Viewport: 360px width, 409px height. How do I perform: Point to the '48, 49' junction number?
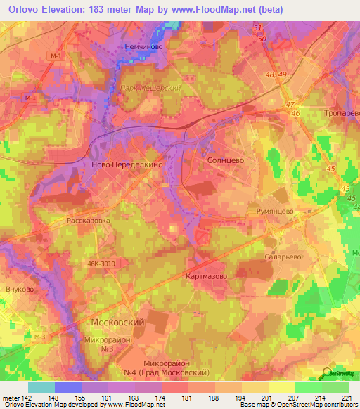[x=277, y=74]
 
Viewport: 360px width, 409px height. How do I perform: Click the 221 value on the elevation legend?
[x=347, y=397]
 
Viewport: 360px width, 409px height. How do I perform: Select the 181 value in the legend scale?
[x=187, y=397]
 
